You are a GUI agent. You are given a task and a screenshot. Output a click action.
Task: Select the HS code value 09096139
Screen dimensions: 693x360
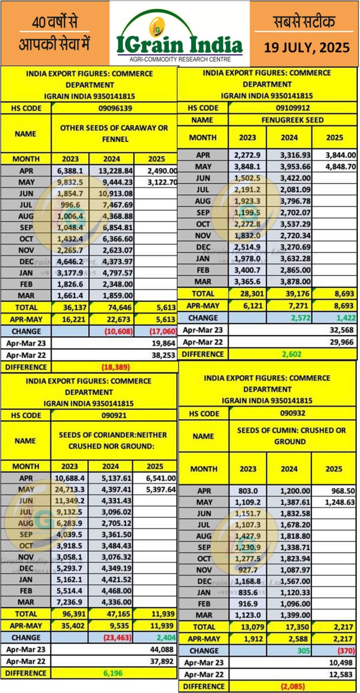pyautogui.click(x=114, y=108)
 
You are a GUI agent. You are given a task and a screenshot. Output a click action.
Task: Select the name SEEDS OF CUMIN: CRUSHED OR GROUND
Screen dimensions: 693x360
pyautogui.click(x=292, y=436)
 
